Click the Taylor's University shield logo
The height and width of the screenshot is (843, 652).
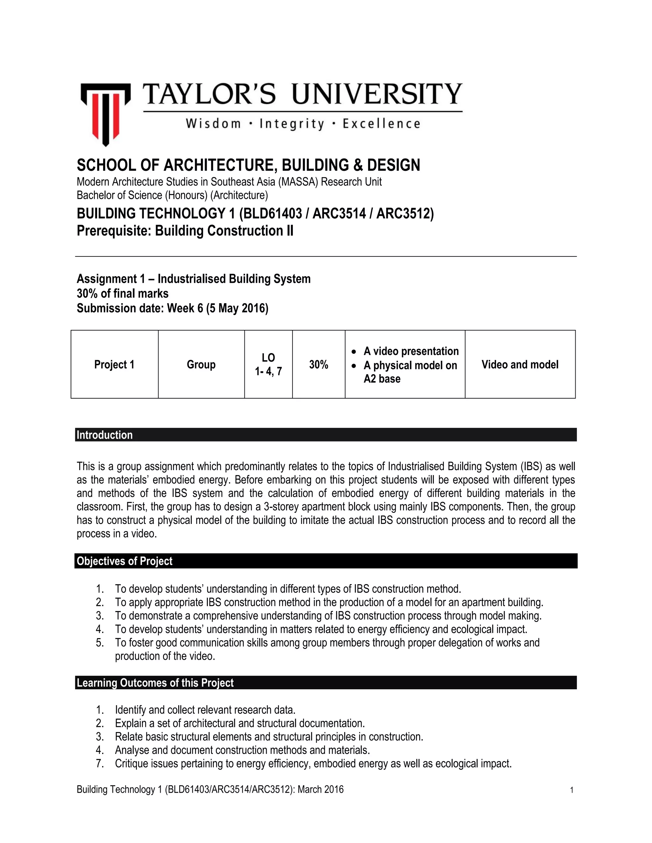(105, 114)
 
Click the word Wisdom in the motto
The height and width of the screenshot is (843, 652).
(213, 124)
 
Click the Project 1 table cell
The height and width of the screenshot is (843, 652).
(114, 364)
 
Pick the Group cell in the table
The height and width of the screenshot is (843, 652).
(201, 364)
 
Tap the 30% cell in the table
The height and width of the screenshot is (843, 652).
(318, 364)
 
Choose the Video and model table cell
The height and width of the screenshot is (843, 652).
(520, 364)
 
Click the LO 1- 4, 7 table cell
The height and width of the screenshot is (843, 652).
(268, 364)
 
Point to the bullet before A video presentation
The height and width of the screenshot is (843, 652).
(354, 352)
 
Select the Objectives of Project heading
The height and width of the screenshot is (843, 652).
(124, 561)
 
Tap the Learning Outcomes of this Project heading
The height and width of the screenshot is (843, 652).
(155, 683)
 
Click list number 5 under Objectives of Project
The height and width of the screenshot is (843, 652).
(100, 642)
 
